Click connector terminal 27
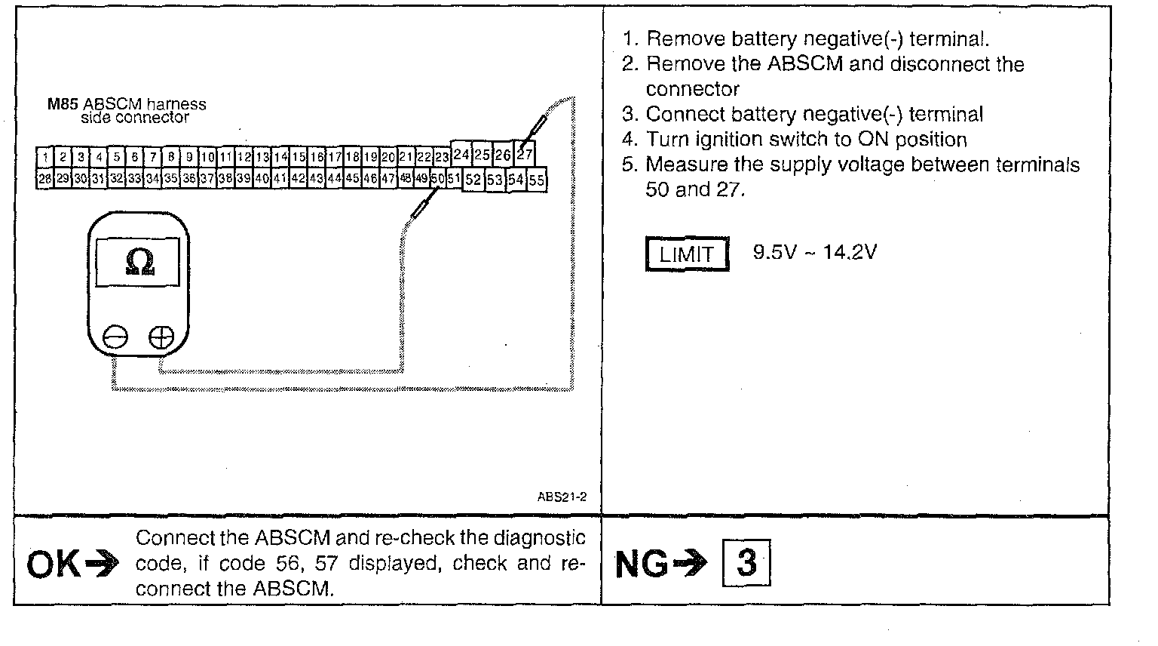[525, 154]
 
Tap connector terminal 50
[437, 179]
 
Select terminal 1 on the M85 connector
[45, 157]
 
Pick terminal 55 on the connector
[536, 180]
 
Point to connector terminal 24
[461, 155]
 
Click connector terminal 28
[44, 180]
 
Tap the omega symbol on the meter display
[139, 261]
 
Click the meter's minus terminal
[115, 337]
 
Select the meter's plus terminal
[161, 337]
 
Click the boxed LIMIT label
[687, 254]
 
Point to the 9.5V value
[774, 252]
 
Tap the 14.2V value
[850, 252]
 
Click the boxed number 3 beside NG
[746, 562]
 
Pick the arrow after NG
[692, 563]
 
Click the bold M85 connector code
[63, 104]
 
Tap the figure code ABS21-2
[562, 497]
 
